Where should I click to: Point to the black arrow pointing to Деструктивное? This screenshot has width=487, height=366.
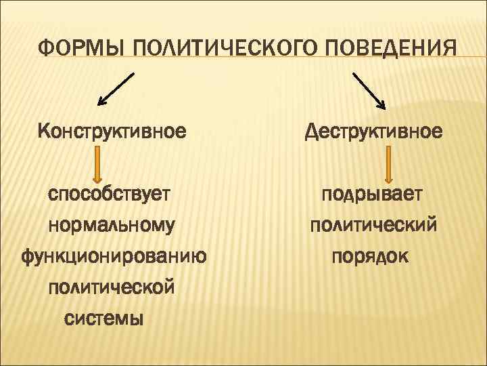click(x=369, y=89)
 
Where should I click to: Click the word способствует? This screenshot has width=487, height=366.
click(x=109, y=195)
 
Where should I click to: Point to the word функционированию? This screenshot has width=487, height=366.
click(x=114, y=256)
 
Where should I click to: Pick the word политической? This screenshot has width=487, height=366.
click(x=112, y=287)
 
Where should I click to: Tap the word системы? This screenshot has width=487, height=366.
click(x=103, y=318)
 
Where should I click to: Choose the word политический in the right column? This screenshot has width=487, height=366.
click(x=373, y=226)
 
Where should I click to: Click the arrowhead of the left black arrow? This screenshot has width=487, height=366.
click(x=101, y=102)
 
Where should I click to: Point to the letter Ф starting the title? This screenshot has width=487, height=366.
click(x=45, y=49)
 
